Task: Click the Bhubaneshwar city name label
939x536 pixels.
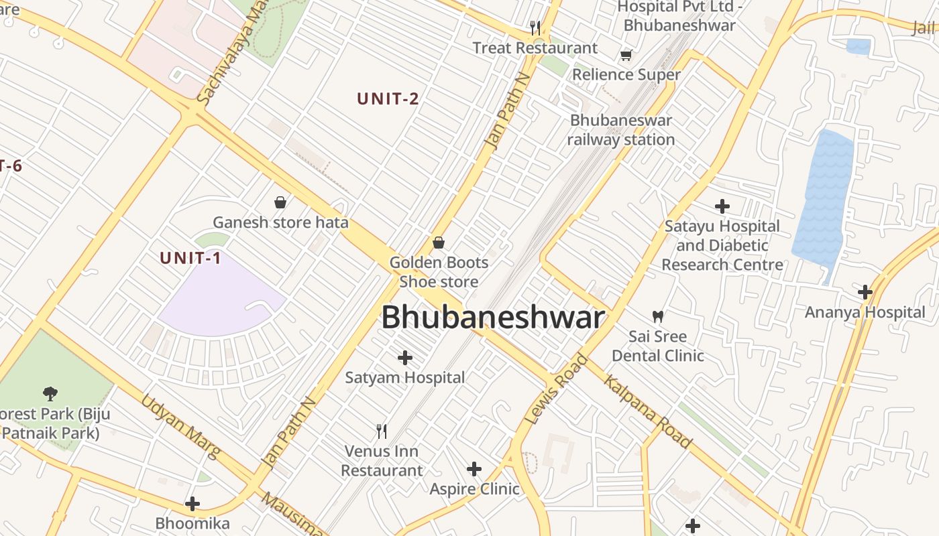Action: (493, 318)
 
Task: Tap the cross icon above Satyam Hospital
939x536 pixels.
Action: (405, 358)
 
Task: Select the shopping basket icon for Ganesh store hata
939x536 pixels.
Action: (280, 202)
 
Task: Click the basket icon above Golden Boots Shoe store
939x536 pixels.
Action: (439, 242)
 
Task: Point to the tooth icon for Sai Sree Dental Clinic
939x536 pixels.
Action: (658, 316)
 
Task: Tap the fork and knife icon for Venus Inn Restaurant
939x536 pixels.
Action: (382, 431)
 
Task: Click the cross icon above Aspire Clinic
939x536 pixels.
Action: (474, 468)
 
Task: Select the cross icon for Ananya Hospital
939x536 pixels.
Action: (865, 292)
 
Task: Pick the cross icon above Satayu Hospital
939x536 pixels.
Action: (722, 206)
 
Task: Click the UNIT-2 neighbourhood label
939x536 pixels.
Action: (388, 99)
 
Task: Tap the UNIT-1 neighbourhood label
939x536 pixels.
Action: (190, 258)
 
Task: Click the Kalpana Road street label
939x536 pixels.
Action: (647, 411)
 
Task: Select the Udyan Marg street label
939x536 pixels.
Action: (180, 427)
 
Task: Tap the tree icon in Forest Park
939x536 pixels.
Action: (50, 393)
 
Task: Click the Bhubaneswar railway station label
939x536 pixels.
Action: (620, 130)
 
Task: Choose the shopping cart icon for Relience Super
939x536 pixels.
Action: (626, 55)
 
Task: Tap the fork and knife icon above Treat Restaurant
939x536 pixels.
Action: (535, 27)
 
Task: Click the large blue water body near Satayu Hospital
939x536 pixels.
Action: (824, 201)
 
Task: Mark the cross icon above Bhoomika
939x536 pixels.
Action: (192, 503)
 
